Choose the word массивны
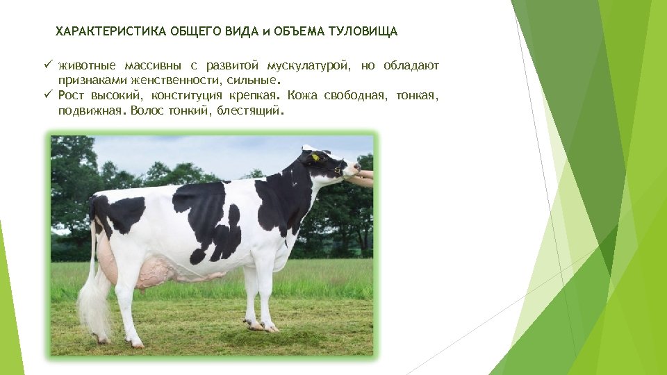(153, 66)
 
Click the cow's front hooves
(261, 325)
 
